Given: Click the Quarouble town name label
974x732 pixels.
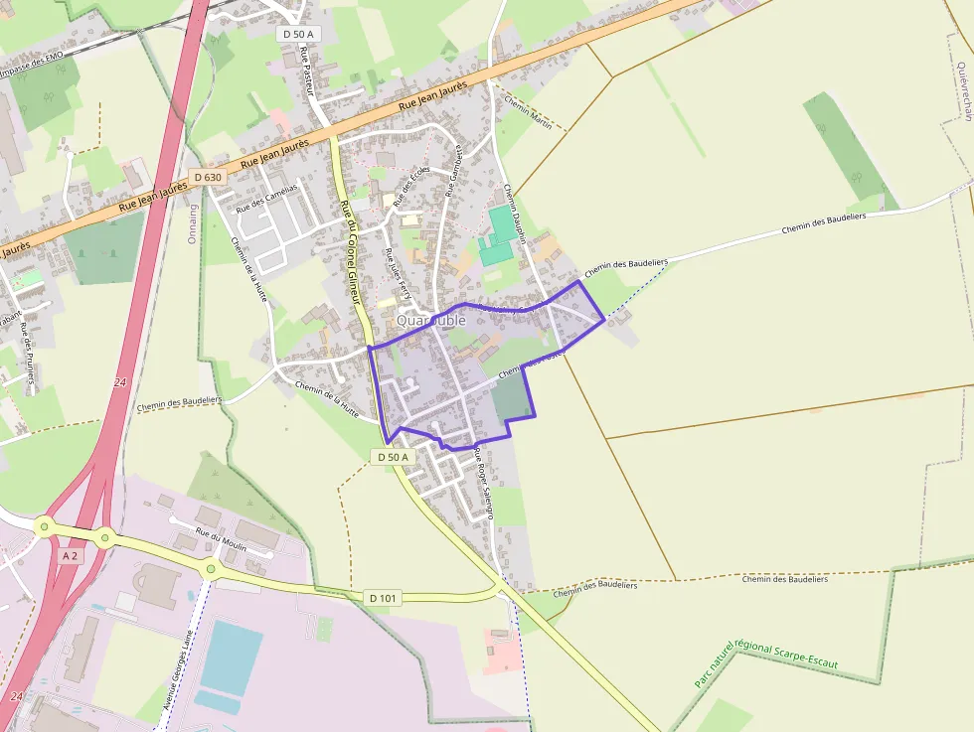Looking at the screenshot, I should [x=430, y=320].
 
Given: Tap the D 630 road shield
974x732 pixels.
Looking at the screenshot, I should [x=207, y=177].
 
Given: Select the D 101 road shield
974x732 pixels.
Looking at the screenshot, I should [x=383, y=598].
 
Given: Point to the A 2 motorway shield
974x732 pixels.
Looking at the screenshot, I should [x=70, y=556].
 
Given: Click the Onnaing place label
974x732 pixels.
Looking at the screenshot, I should [x=193, y=227].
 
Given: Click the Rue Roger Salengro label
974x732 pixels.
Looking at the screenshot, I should [x=484, y=484].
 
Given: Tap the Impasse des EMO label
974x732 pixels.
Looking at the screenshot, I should [x=37, y=66].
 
